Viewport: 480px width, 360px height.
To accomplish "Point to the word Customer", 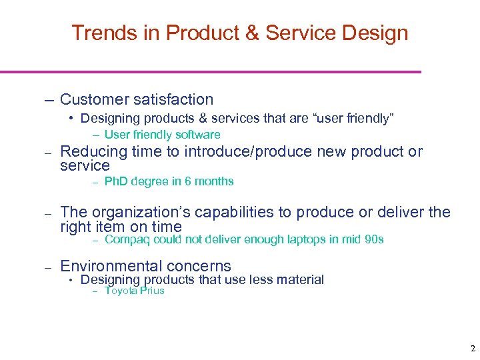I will tap(95, 100).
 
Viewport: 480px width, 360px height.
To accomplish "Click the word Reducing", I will tap(89, 152).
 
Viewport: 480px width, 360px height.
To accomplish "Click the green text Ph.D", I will tap(117, 181).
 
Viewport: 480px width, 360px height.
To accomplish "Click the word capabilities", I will tap(229, 213).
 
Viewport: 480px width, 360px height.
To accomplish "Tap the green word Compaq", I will tap(126, 239).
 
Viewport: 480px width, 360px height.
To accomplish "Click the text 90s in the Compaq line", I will tap(375, 239).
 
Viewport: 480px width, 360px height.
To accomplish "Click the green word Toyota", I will tap(121, 291).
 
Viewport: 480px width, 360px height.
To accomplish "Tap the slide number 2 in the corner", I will tap(473, 349).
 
